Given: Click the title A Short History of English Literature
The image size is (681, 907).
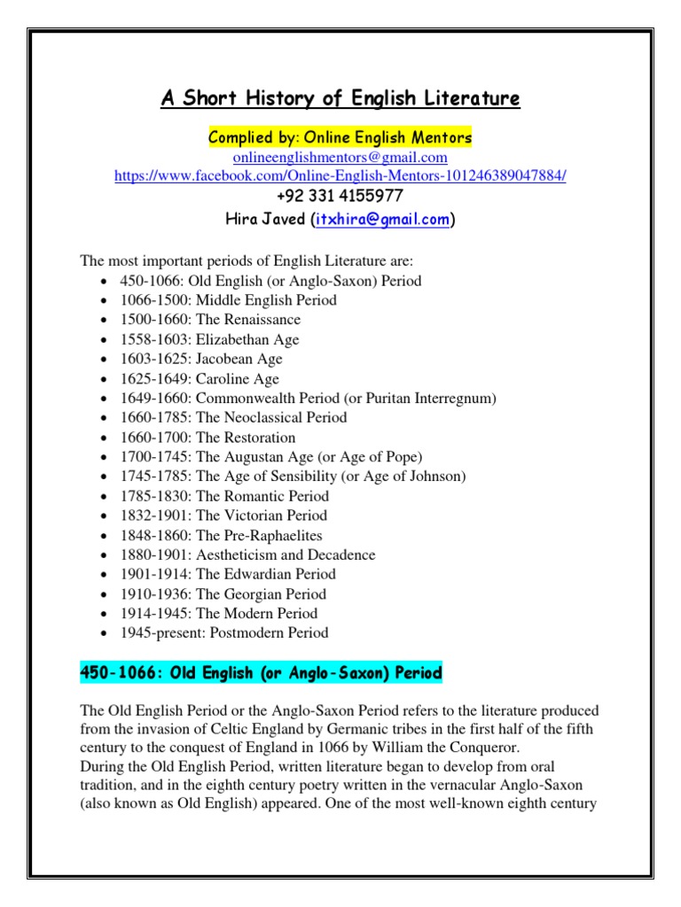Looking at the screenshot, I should coord(340,98).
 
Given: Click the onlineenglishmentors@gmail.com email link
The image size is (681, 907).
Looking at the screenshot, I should coord(340,158).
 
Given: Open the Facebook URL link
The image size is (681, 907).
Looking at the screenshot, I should coord(340,176).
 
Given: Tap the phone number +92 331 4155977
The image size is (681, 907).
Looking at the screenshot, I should coord(340,197).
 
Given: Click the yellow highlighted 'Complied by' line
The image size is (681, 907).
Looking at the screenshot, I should coord(340,138).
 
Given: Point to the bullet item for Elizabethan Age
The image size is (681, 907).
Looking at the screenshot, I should coord(210,339).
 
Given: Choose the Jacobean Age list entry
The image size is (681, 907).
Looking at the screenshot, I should coord(201,359).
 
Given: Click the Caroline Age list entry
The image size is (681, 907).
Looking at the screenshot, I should coord(200,378).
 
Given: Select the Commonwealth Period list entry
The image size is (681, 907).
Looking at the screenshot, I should coord(309,398).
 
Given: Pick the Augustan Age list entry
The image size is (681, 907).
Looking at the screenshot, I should coord(271,457).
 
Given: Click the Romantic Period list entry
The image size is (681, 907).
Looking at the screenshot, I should coord(224,496).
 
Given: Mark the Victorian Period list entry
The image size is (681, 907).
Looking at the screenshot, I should coord(223,516).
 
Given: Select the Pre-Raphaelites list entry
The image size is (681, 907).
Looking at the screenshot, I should coord(222,535).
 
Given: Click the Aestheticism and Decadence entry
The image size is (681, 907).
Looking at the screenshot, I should coord(248,554).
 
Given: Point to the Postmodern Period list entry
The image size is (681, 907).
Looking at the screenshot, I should coord(224,632).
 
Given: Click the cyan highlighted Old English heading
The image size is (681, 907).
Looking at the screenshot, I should coord(261,674).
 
